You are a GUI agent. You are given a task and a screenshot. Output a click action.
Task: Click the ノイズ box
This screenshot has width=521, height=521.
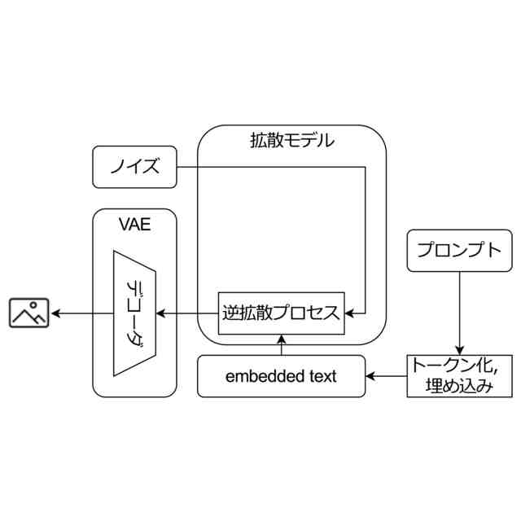coord(134,169)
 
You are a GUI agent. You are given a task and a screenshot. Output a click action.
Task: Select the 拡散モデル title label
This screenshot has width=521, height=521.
coord(291,140)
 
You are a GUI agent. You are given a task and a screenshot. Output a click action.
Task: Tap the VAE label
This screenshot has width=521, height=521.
coord(135,224)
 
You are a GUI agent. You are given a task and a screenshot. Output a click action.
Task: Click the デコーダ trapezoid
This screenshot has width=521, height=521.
coord(134,313)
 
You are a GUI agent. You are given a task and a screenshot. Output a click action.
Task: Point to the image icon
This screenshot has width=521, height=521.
coord(29,313)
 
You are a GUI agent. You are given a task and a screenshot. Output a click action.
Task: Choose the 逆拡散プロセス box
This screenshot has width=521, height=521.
coord(282,313)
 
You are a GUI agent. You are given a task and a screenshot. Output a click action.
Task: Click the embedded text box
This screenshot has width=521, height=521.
coord(281,376)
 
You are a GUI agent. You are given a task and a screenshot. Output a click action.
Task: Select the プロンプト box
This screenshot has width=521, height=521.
coord(459,250)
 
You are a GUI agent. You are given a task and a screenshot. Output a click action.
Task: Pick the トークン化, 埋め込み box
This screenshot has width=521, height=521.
coord(459,375)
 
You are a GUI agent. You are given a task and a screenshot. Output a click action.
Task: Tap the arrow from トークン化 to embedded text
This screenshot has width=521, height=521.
coord(387,376)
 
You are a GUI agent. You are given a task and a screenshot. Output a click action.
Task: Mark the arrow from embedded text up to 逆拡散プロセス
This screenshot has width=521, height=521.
coord(282,345)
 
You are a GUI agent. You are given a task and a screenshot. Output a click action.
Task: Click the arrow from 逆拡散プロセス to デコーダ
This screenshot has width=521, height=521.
coord(187,313)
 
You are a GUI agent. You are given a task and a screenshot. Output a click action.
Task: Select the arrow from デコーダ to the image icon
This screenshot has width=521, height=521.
coord(81,313)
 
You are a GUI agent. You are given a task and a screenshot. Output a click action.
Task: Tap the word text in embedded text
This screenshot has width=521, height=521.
coord(322,376)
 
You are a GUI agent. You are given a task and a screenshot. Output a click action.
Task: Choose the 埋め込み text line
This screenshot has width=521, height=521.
coord(459,386)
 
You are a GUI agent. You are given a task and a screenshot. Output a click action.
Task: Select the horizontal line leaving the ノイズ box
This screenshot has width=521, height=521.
coord(269,169)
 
